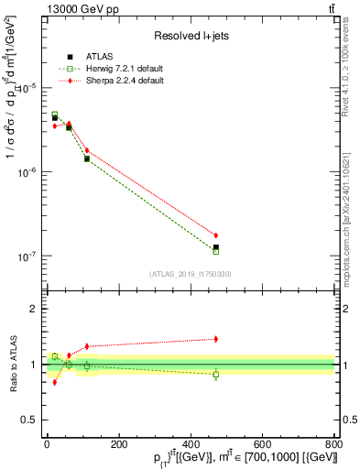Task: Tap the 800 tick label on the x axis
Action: coord(334,442)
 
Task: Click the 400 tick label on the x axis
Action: coord(191,442)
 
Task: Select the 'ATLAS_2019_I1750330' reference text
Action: coord(190,274)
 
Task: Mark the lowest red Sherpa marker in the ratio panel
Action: coord(54,382)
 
